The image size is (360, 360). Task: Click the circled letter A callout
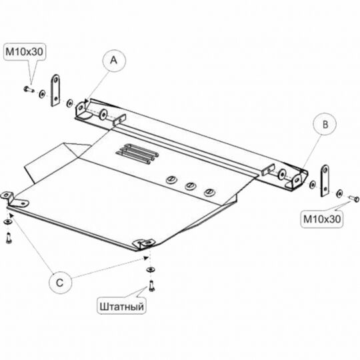(x=114, y=61)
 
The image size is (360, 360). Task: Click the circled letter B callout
(x=325, y=125)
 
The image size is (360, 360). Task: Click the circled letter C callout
(x=60, y=283)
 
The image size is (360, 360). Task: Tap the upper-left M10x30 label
(x=25, y=52)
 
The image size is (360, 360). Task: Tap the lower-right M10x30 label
(x=322, y=219)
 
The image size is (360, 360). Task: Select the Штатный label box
(x=121, y=306)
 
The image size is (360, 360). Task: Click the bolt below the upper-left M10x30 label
(x=29, y=89)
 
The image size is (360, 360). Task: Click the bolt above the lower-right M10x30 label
(x=353, y=198)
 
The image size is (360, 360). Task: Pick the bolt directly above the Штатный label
(x=151, y=286)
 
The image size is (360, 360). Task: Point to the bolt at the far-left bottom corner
(x=9, y=238)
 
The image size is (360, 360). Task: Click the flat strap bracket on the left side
(x=55, y=90)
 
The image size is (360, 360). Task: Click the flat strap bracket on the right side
(x=325, y=181)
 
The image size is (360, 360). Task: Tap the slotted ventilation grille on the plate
(x=138, y=153)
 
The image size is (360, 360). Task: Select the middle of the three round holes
(x=190, y=186)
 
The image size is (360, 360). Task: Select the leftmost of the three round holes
(x=172, y=180)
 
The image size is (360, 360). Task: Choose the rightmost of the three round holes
(x=209, y=192)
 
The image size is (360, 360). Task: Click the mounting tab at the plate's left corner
(x=15, y=200)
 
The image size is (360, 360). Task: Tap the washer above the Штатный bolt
(x=151, y=269)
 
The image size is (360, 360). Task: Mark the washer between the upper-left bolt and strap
(x=42, y=94)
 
